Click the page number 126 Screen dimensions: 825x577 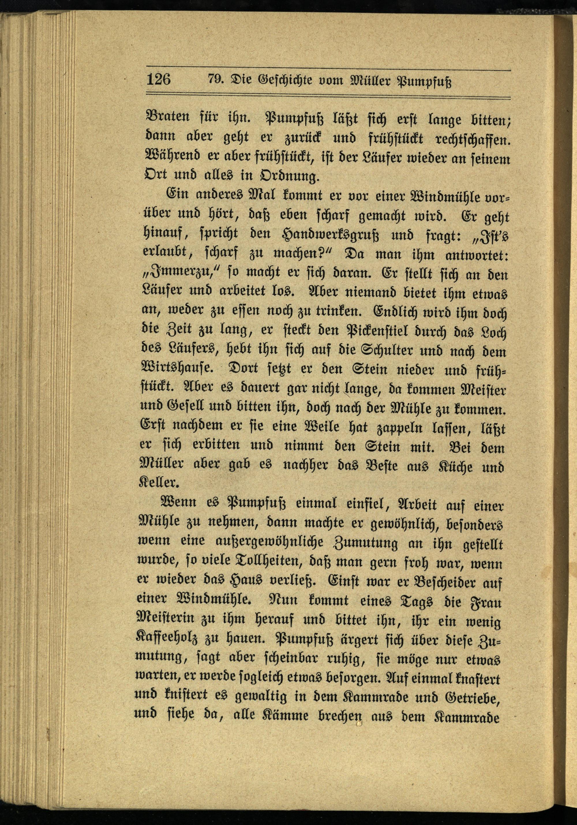pyautogui.click(x=158, y=79)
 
